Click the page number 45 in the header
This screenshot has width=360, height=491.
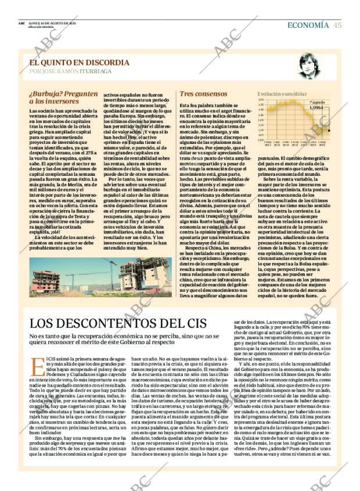point(337,25)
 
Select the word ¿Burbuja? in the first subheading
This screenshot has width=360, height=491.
point(45,93)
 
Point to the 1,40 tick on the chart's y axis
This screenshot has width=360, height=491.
point(261,99)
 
